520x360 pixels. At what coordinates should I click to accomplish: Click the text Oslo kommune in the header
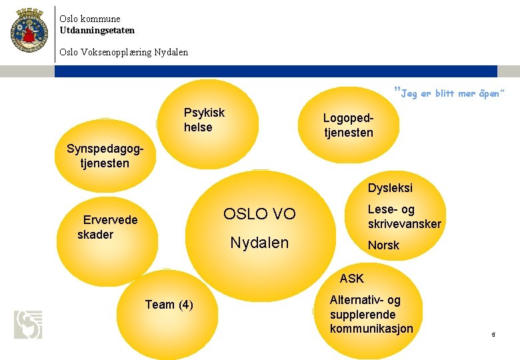[89, 19]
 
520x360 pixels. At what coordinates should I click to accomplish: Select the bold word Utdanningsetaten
[97, 30]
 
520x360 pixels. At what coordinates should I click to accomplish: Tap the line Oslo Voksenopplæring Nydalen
[123, 52]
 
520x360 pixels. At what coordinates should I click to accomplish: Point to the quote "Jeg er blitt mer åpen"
[450, 93]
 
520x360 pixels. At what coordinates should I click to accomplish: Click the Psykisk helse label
[204, 120]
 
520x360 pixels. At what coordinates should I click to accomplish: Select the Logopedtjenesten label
[348, 125]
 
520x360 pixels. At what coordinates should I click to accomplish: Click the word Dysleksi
[390, 189]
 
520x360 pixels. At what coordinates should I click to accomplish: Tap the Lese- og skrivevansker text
[404, 217]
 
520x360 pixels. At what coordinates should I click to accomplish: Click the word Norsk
[383, 245]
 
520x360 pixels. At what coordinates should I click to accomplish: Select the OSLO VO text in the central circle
[259, 214]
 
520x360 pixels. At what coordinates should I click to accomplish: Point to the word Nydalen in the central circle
[259, 243]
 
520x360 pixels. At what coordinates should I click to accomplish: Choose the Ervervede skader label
[107, 227]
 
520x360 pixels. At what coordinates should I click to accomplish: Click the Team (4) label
[169, 305]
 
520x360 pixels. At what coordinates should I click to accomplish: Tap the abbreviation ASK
[351, 279]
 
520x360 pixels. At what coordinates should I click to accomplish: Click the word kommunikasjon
[371, 329]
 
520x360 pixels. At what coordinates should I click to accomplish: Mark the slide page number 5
[493, 335]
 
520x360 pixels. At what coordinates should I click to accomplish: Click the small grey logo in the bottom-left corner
[28, 324]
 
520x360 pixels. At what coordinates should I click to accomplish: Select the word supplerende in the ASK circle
[363, 315]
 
